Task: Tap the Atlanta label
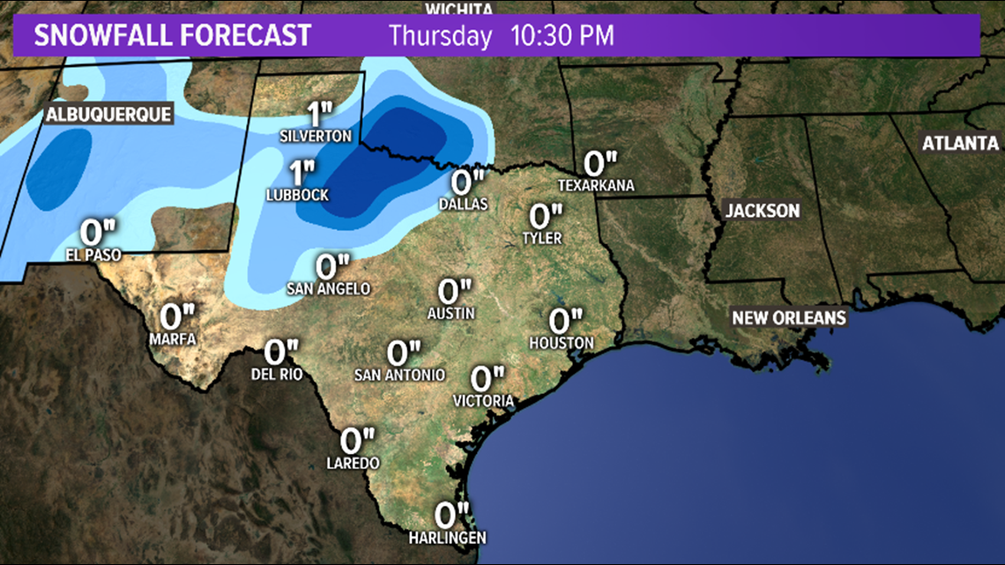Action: pos(960,143)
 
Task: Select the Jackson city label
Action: pos(762,210)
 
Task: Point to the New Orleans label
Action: pos(788,318)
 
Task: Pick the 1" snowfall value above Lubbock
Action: pos(302,171)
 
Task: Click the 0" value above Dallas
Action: pos(468,182)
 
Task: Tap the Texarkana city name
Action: pos(597,185)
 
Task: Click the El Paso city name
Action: pos(92,255)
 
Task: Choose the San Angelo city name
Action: pos(328,288)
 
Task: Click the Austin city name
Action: pos(452,313)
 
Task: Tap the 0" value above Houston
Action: pos(565,320)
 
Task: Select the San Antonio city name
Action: pos(399,375)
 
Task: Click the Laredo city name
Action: pos(353,463)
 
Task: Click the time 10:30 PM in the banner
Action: pos(562,36)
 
